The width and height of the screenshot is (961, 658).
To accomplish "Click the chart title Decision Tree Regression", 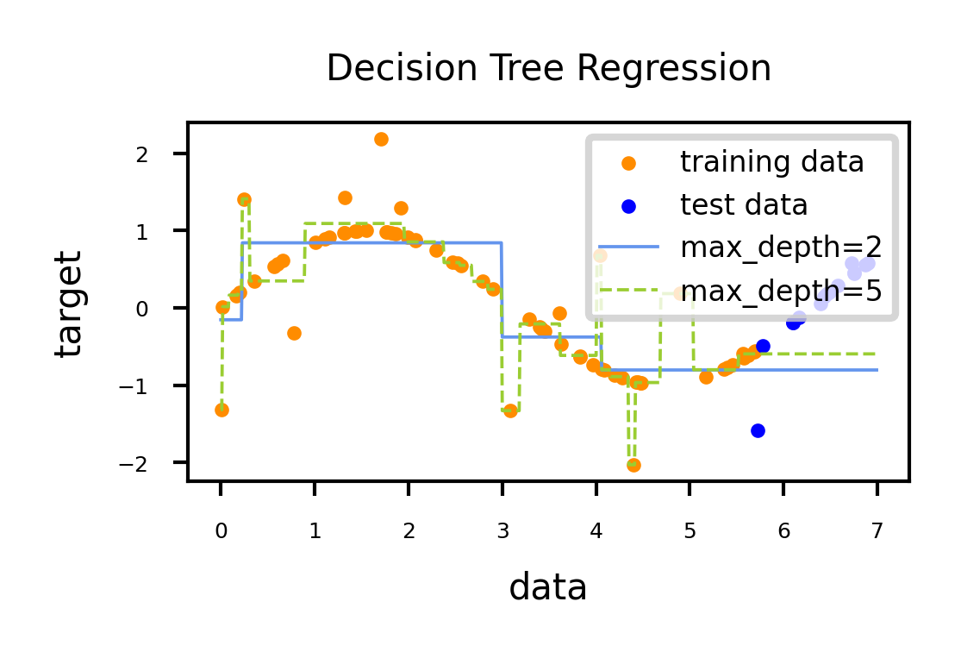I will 549,69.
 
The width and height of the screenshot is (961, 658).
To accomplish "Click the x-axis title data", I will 548,588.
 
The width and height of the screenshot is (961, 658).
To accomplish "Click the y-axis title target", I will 68,303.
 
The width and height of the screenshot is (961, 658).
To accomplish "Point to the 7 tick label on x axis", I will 877,532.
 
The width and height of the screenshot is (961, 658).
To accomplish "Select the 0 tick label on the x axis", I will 221,532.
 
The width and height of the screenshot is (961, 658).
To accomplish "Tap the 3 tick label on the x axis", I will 502,532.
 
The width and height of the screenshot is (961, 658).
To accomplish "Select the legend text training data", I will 771,162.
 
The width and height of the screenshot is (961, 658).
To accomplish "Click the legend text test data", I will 744,205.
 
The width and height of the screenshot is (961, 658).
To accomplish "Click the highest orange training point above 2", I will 381,139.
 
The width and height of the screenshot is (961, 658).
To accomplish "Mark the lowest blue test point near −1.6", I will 758,430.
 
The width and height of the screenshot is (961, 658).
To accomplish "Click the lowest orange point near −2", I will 633,465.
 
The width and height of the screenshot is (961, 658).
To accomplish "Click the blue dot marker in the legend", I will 629,206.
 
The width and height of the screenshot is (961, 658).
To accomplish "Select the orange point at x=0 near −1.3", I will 222,410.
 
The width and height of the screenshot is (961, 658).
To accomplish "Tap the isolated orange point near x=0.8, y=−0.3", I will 294,333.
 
